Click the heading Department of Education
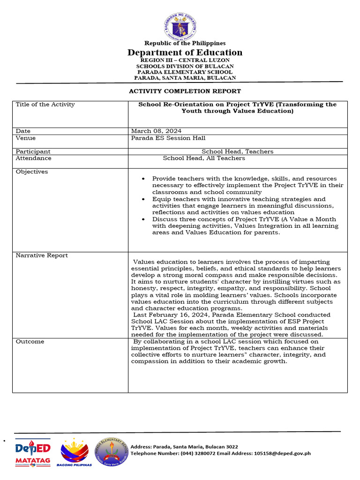[185, 52]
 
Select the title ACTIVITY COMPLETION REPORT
[185, 91]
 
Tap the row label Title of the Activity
[45, 105]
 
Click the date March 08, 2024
[157, 131]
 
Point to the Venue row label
[26, 138]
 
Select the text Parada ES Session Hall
[168, 138]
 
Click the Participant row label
[33, 151]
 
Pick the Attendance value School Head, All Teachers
[203, 158]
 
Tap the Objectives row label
[32, 172]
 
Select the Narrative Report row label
[42, 255]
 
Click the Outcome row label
[30, 342]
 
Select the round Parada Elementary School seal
[112, 452]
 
